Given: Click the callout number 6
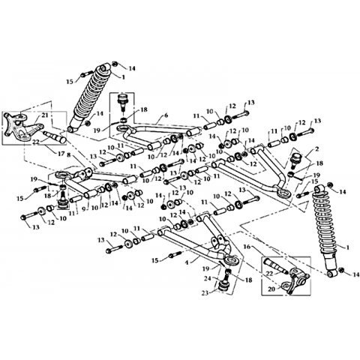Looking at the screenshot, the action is click(166, 115).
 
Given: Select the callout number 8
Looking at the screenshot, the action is click(69, 155).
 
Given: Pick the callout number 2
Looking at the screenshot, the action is click(317, 149).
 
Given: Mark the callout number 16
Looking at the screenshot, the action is click(247, 247).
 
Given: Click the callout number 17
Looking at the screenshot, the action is click(61, 154).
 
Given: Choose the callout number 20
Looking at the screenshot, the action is click(271, 289).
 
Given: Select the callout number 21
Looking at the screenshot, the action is click(45, 115).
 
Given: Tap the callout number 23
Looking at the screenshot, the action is click(205, 293).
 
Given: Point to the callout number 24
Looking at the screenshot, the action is click(207, 277).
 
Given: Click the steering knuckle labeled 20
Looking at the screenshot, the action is click(295, 282).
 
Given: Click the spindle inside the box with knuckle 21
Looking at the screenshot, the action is click(55, 136).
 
